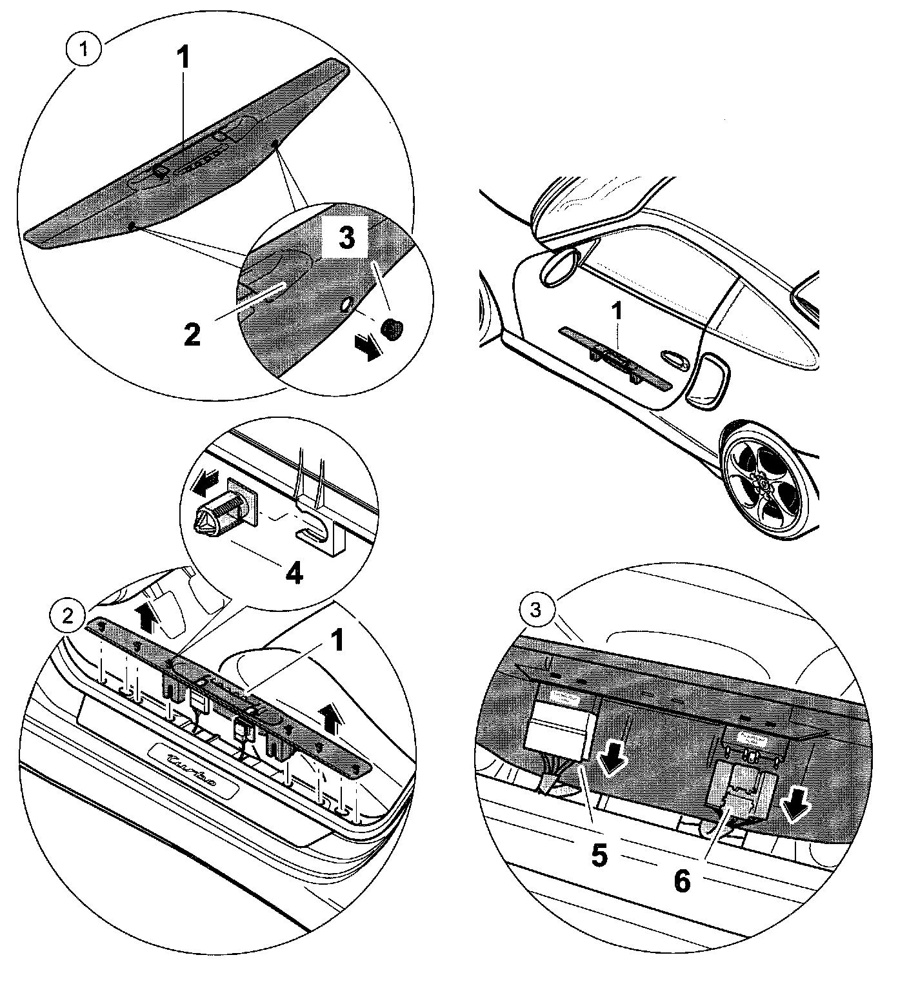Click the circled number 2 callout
coord(66,615)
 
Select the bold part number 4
coord(294,573)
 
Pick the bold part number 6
coord(681,880)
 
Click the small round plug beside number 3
coord(392,328)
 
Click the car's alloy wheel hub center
coord(762,482)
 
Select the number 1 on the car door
coord(617,313)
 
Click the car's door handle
coord(675,357)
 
